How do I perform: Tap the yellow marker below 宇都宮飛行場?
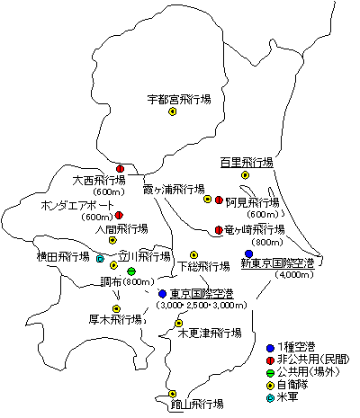coord(172,112)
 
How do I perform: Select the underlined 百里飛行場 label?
coord(247,163)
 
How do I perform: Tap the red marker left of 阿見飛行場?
coord(219,200)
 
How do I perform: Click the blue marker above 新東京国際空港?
coord(249,253)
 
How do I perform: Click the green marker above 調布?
coord(131,271)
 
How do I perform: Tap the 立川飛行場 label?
coord(145,256)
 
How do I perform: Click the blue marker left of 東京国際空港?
coord(162,294)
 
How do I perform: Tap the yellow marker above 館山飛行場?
coord(172,394)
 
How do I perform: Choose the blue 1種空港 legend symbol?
coord(274,345)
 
